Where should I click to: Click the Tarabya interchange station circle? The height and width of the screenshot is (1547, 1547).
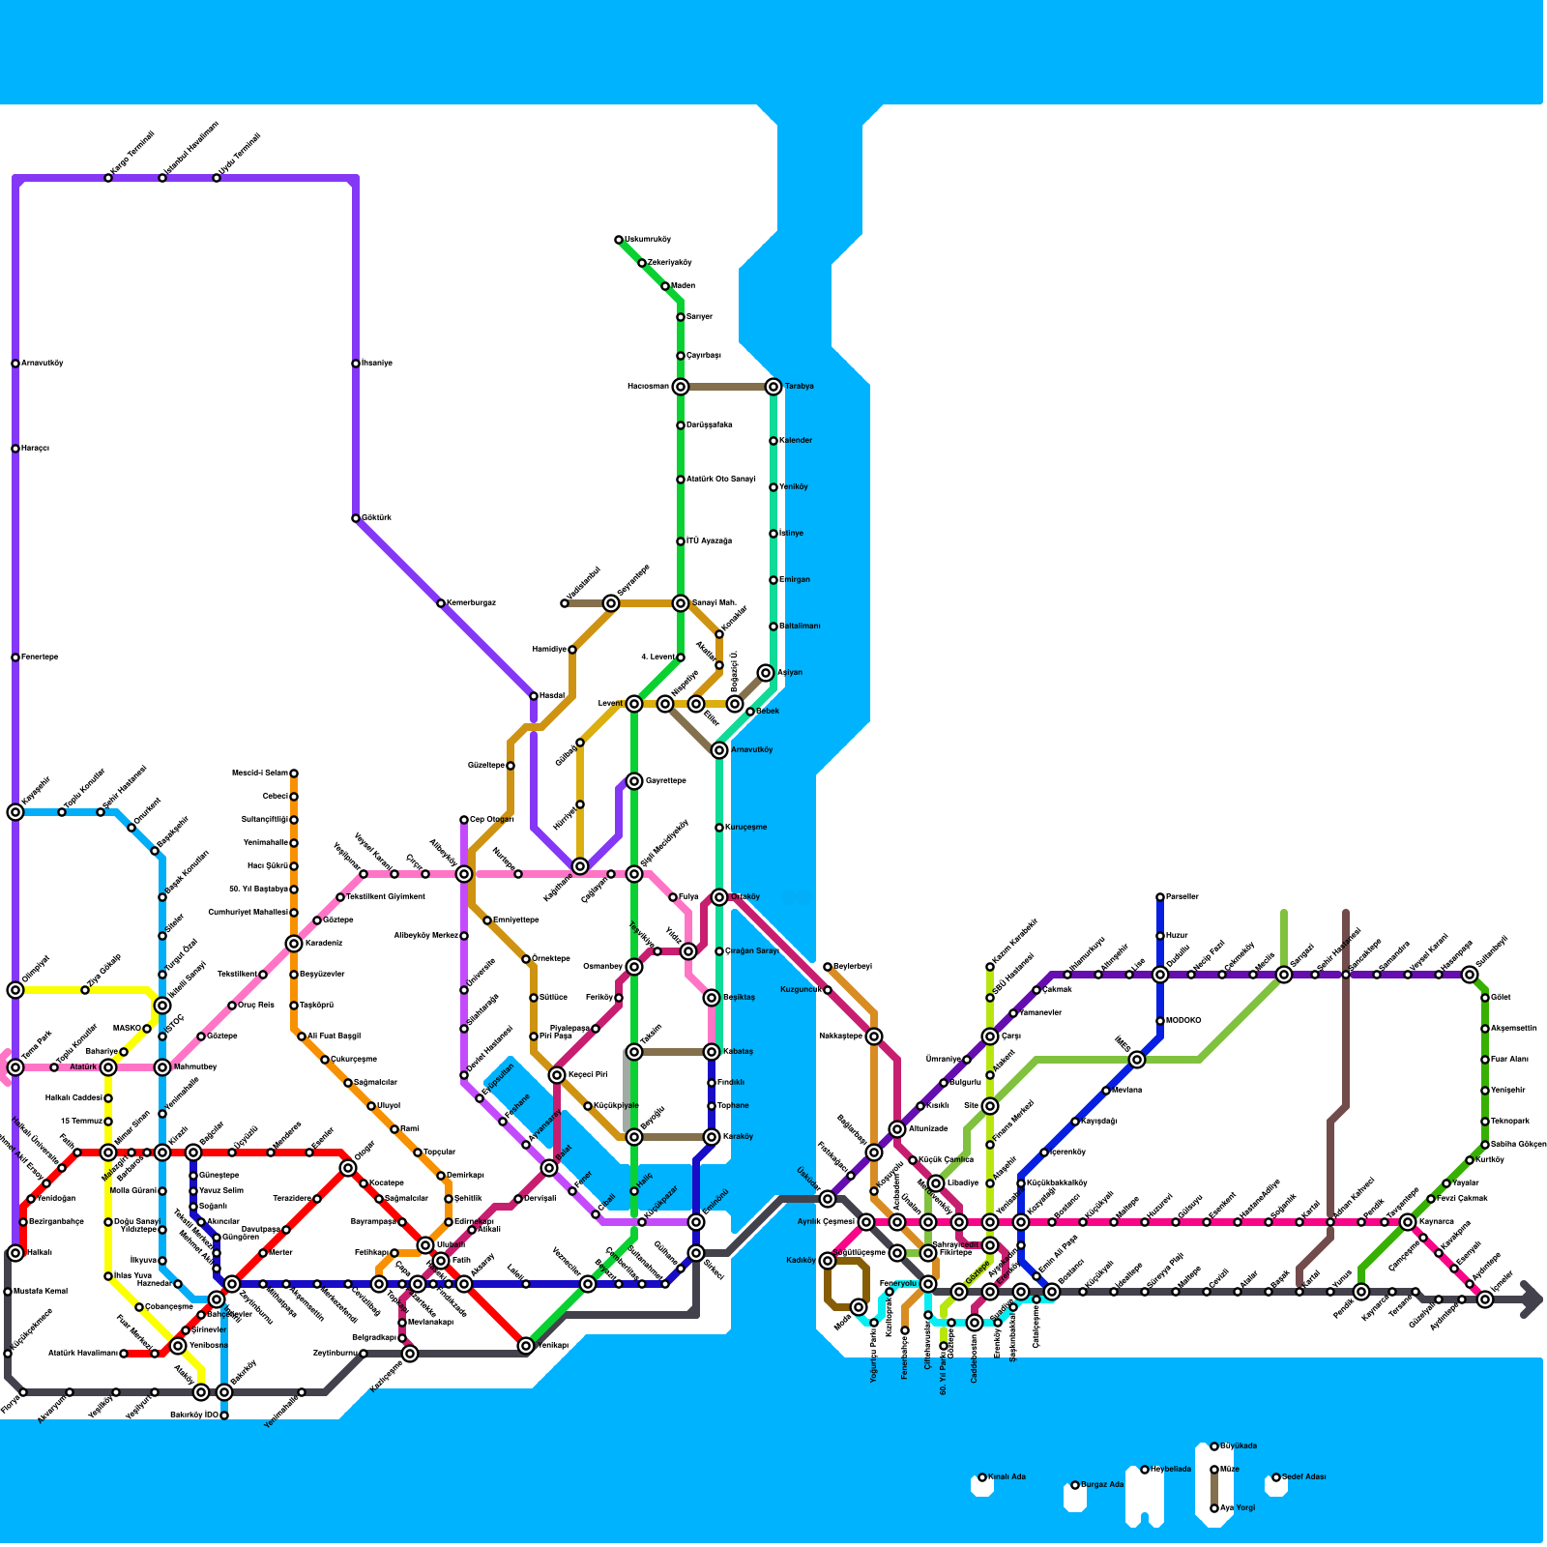click(x=773, y=387)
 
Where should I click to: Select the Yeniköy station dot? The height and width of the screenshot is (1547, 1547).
click(x=773, y=487)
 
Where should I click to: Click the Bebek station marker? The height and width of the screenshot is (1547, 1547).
click(x=750, y=712)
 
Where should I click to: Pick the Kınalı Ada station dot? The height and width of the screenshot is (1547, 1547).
click(x=982, y=1477)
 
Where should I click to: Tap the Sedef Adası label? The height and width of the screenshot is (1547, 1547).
click(x=1305, y=1477)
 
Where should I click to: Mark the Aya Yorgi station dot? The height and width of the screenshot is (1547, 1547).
click(x=1214, y=1508)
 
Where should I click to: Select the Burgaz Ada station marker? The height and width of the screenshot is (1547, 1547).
click(x=1075, y=1485)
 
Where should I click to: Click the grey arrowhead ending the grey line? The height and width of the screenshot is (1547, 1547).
click(x=1532, y=1299)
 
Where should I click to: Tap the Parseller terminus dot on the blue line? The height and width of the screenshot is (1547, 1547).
click(x=1160, y=897)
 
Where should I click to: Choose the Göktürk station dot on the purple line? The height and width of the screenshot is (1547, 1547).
click(x=356, y=518)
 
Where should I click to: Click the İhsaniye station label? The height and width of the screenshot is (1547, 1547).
click(x=378, y=364)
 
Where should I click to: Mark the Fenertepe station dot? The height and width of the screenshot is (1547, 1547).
click(x=15, y=657)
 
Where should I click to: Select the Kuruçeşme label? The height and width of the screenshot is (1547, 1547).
click(x=747, y=828)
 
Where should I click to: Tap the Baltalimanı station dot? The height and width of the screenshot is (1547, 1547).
click(x=773, y=627)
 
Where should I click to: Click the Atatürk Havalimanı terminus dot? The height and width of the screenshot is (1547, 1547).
click(x=124, y=1354)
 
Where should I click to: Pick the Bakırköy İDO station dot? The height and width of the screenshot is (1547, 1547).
click(x=224, y=1416)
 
